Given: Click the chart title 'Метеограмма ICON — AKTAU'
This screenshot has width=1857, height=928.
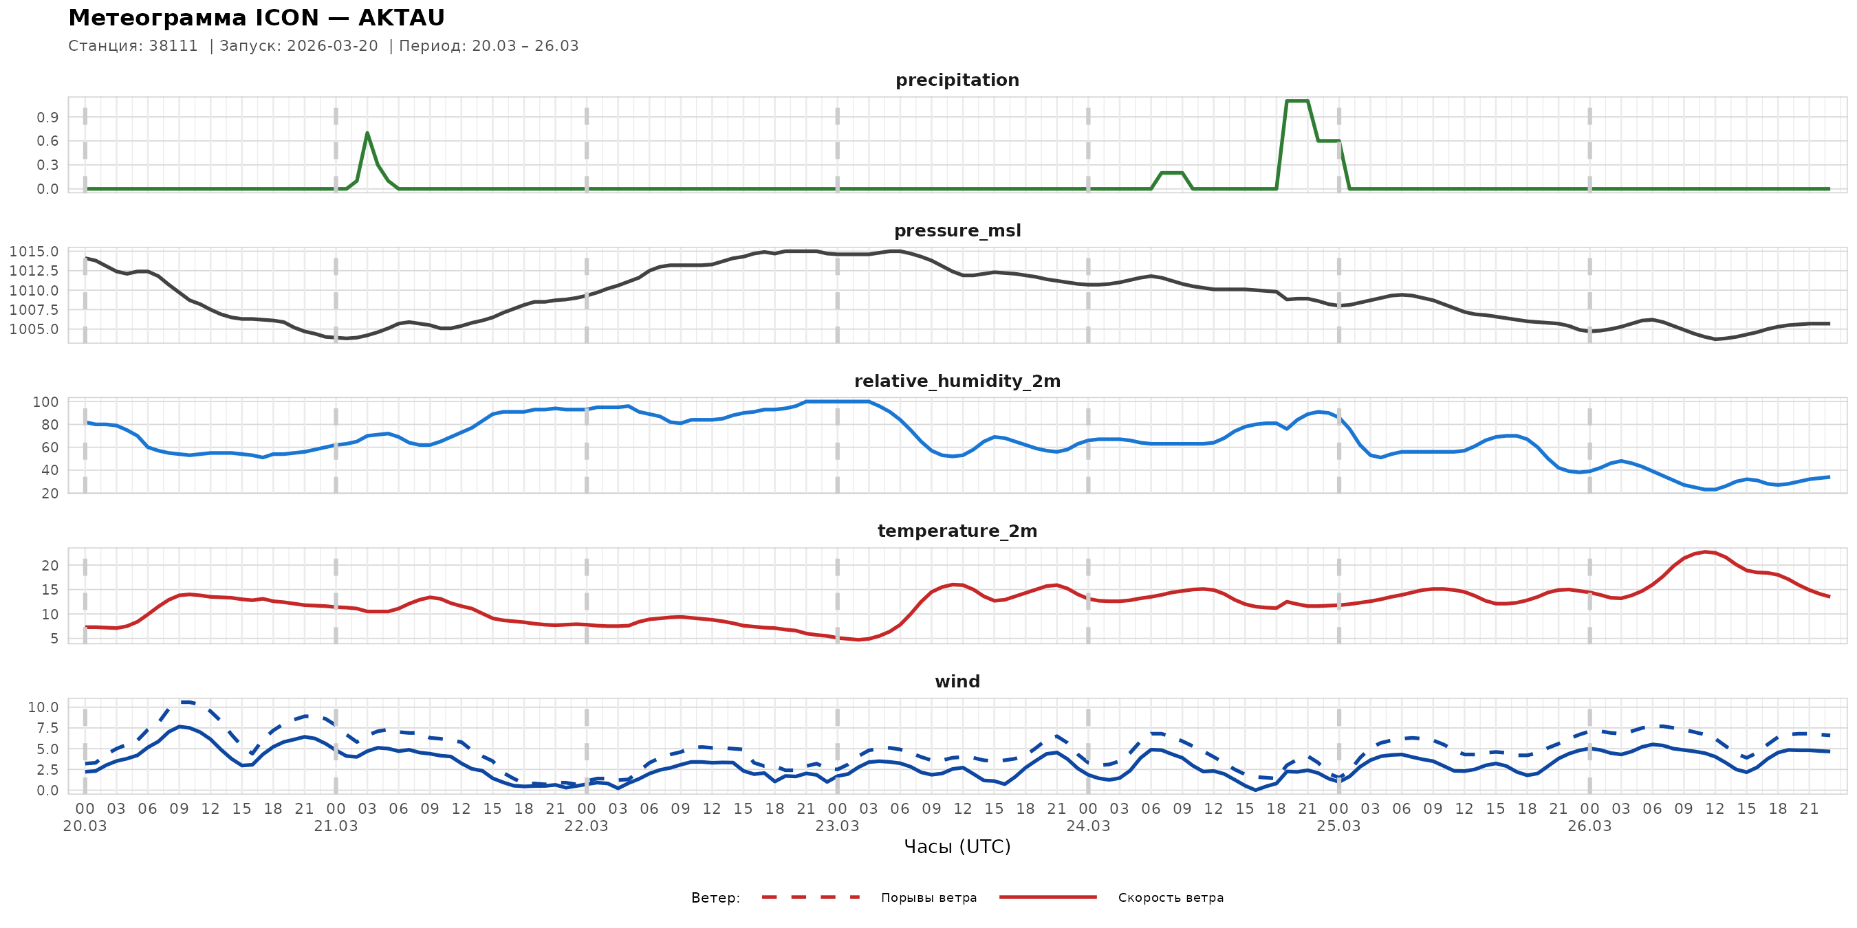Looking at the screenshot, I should coord(256,17).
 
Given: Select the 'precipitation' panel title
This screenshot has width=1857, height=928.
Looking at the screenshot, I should coord(957,80).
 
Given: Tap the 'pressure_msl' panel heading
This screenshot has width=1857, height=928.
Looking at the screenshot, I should coord(957,230).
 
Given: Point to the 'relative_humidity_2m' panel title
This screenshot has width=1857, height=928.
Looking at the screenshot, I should coord(957,381).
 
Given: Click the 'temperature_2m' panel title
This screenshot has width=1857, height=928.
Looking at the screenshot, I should coord(957,531).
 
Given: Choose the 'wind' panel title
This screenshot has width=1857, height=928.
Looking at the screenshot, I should coord(957,682).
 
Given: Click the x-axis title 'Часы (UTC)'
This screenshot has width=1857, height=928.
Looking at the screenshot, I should coord(957,847).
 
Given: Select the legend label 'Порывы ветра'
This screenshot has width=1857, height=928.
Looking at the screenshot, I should coord(929,898).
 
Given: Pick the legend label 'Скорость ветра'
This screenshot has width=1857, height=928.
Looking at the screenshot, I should coord(1170,898).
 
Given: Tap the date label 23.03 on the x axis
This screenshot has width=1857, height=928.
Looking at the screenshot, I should coord(837,826).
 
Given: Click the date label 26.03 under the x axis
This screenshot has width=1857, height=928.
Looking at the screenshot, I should coord(1589,826).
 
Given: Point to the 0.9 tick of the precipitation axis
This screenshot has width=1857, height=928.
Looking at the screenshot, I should coord(47,118).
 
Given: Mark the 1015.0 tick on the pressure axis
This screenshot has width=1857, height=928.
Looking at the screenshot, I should coord(34,252).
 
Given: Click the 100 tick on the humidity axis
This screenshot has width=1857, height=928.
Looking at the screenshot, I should coord(45,402).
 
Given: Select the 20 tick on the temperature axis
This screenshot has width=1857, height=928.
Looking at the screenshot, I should coord(50,566).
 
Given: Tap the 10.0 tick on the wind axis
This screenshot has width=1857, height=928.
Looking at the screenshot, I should coord(43,707).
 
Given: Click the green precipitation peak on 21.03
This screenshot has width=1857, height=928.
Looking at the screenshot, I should coord(367,133).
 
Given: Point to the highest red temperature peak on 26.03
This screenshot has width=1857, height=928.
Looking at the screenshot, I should coord(1705,552).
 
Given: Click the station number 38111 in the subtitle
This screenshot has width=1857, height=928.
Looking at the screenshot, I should coord(173,46).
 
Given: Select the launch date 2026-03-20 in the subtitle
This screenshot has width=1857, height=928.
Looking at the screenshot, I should coord(332,46).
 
